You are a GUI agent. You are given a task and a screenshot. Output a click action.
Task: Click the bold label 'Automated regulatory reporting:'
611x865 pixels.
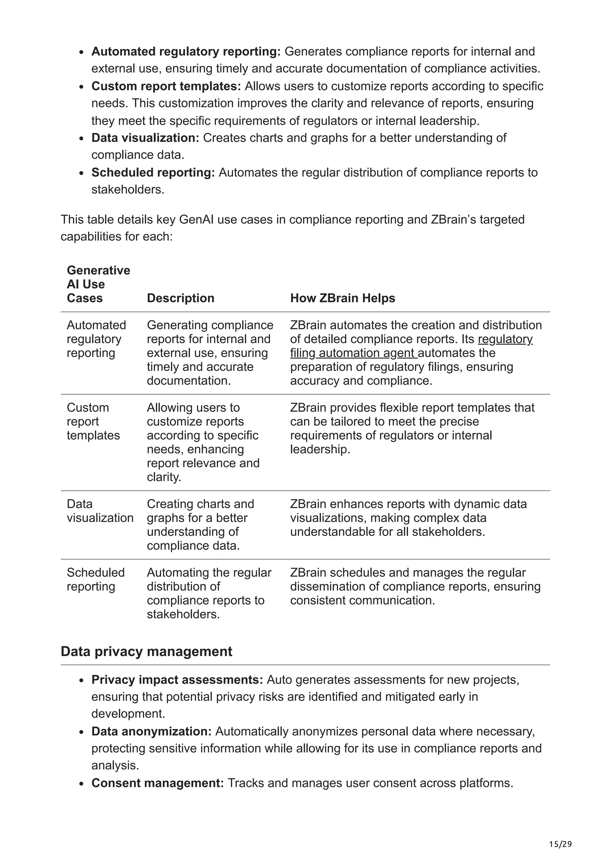(x=186, y=51)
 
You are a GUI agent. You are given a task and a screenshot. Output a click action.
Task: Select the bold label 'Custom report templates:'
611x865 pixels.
(x=166, y=86)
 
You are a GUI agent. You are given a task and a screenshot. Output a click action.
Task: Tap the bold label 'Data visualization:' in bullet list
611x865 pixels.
(x=145, y=138)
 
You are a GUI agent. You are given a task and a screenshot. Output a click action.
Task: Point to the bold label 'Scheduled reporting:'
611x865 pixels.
(x=153, y=172)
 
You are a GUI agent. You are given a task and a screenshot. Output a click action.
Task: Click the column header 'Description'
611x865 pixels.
(x=180, y=298)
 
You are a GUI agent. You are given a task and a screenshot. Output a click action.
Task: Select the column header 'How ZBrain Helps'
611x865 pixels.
(x=342, y=298)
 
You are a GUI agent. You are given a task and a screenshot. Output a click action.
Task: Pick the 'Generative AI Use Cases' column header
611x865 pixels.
(x=98, y=284)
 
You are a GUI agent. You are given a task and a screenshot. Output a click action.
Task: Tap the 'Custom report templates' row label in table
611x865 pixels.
(x=93, y=421)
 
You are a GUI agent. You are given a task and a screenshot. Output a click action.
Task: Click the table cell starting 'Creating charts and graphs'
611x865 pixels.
(x=200, y=524)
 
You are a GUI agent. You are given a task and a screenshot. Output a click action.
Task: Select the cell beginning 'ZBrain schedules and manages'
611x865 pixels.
(x=415, y=586)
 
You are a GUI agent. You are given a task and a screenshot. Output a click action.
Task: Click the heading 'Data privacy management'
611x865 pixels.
(x=146, y=651)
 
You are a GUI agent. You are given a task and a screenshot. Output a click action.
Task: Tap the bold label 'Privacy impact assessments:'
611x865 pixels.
(x=177, y=680)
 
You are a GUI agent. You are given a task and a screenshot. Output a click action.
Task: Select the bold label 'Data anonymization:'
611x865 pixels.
(x=151, y=731)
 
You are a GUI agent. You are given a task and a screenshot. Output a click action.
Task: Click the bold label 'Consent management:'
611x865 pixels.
(x=157, y=783)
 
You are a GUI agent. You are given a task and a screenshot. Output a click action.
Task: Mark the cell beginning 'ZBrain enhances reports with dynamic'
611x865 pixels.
(x=408, y=518)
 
